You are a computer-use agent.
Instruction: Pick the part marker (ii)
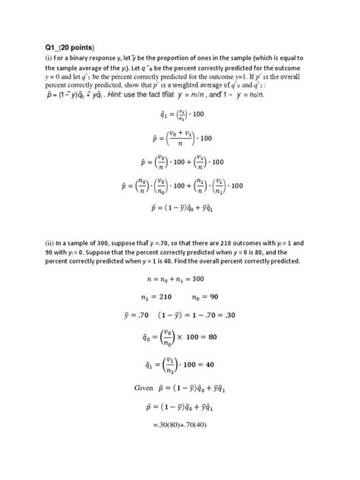[52, 242]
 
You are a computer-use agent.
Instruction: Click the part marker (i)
[50, 58]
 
